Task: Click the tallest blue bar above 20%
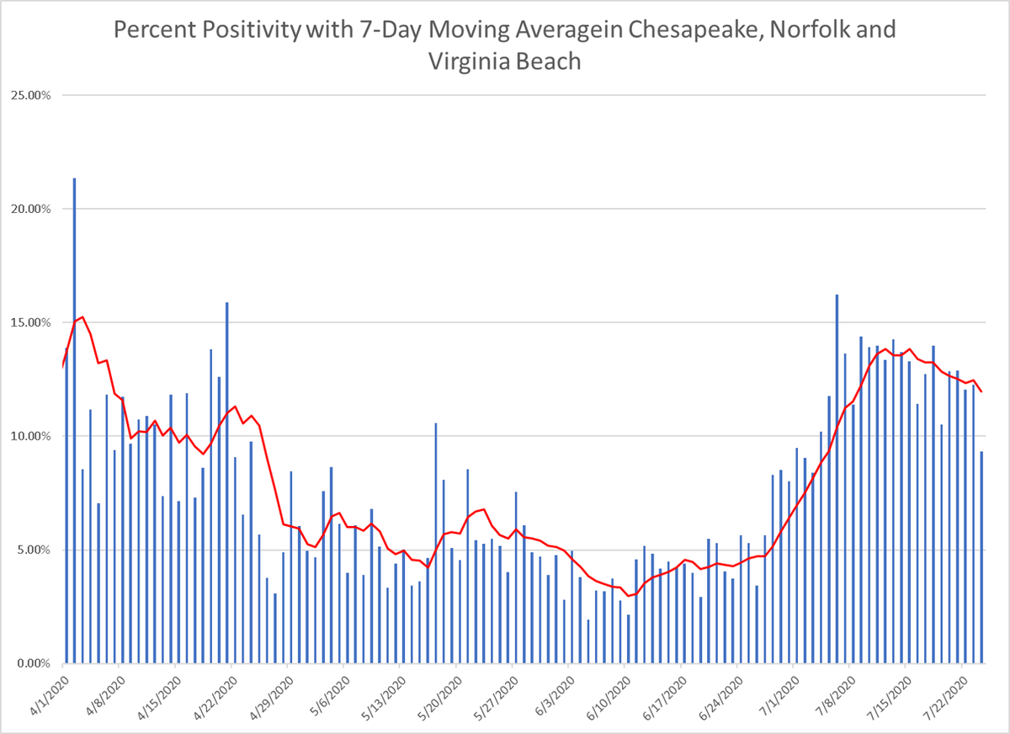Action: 74,421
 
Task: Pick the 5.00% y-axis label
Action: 32,550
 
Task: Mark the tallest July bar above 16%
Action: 837,480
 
